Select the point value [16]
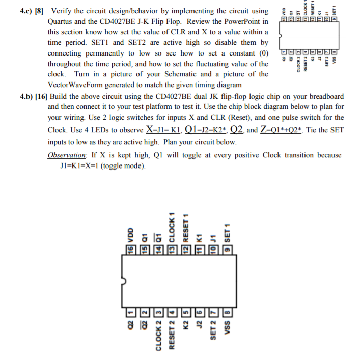pos(40,96)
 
